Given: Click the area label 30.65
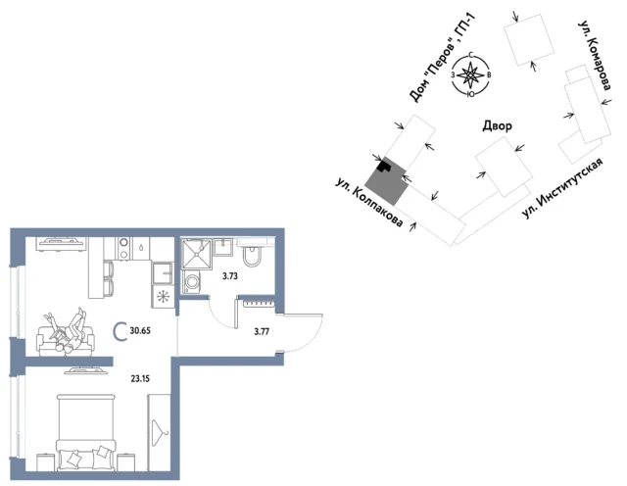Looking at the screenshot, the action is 140,331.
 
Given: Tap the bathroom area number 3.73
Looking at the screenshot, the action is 230,275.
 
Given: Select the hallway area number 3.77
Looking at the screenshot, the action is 262,331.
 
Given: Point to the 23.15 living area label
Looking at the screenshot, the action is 140,378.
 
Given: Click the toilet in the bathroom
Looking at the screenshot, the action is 252,256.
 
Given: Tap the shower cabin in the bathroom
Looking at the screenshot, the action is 197,254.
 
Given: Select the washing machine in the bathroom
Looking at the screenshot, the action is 192,281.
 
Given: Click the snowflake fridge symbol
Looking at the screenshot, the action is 164,297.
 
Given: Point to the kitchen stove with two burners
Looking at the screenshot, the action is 124,249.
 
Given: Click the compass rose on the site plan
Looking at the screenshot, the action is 471,74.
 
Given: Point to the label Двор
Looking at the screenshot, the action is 497,126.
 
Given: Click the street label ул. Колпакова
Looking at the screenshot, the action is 368,203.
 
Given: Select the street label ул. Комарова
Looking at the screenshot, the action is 595,56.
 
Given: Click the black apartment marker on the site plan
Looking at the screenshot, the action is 385,165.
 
